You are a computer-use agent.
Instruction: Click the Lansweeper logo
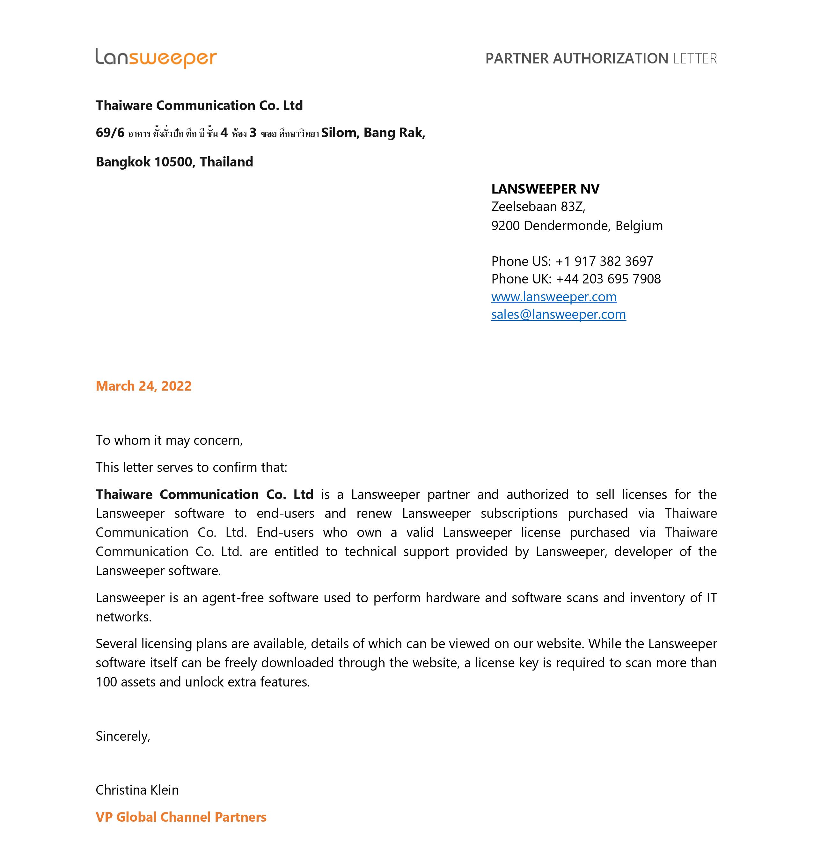[x=156, y=58]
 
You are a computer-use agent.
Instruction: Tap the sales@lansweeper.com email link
[x=559, y=314]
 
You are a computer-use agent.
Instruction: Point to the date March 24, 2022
[x=143, y=386]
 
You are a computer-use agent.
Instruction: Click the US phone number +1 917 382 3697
[x=604, y=261]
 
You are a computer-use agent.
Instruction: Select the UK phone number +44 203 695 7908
[x=608, y=279]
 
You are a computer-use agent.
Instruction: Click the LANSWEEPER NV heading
[x=545, y=189]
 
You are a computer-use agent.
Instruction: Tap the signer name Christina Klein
[x=137, y=790]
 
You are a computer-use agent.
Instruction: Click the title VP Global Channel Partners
[x=181, y=817]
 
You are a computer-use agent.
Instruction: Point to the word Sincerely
[x=122, y=736]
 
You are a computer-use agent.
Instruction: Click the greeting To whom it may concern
[x=169, y=440]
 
